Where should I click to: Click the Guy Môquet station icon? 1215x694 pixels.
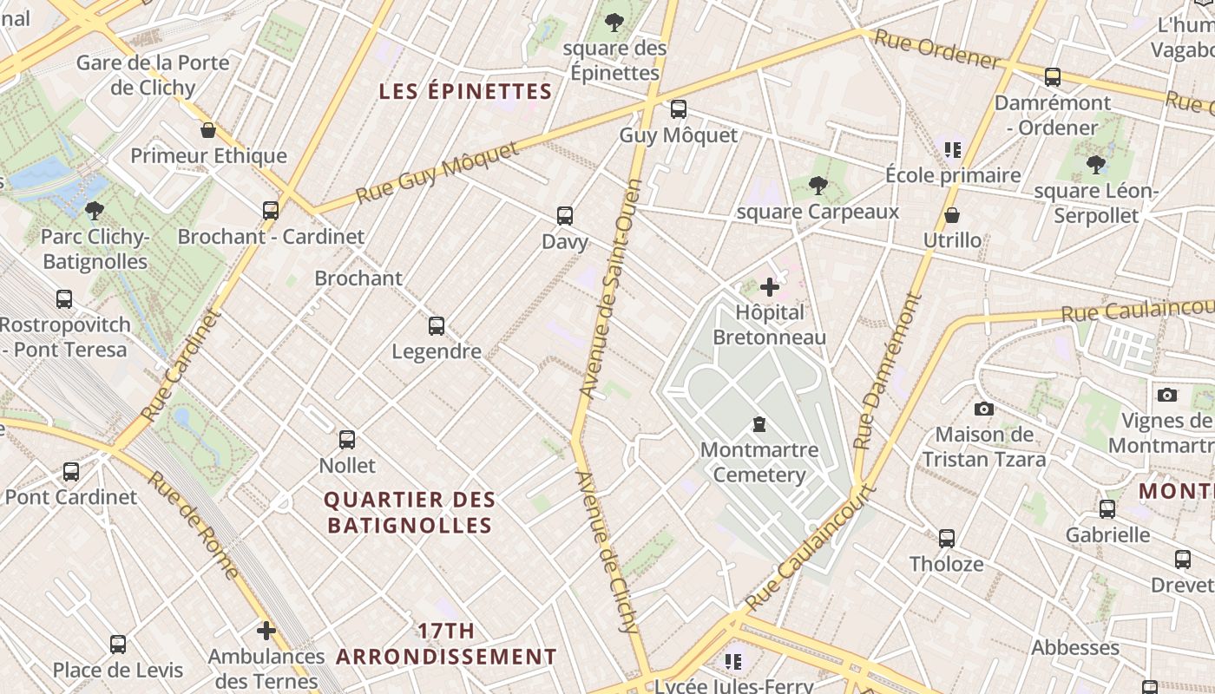click(679, 109)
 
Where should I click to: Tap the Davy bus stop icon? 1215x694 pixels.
click(565, 215)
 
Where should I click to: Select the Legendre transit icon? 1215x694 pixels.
click(437, 326)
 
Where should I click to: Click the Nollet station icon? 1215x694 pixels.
click(347, 439)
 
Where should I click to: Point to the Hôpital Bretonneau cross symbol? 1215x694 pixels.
click(770, 287)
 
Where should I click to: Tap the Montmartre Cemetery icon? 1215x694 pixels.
click(759, 424)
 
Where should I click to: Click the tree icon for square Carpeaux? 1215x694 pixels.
click(817, 185)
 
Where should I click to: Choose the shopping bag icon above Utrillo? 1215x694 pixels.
click(952, 214)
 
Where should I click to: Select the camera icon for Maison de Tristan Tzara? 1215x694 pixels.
click(983, 409)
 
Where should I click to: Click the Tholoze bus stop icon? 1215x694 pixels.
click(947, 538)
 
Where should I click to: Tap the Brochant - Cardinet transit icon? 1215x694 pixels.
click(271, 210)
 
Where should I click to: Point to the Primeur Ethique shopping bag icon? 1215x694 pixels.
click(208, 130)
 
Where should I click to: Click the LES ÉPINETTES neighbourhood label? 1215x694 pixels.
click(466, 91)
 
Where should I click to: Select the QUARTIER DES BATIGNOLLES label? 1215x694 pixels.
click(410, 512)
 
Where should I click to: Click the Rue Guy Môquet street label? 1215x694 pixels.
click(438, 173)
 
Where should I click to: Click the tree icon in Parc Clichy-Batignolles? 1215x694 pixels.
click(95, 210)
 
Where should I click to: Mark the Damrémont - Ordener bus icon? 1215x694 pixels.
click(1053, 77)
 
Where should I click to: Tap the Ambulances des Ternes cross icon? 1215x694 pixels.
click(266, 630)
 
